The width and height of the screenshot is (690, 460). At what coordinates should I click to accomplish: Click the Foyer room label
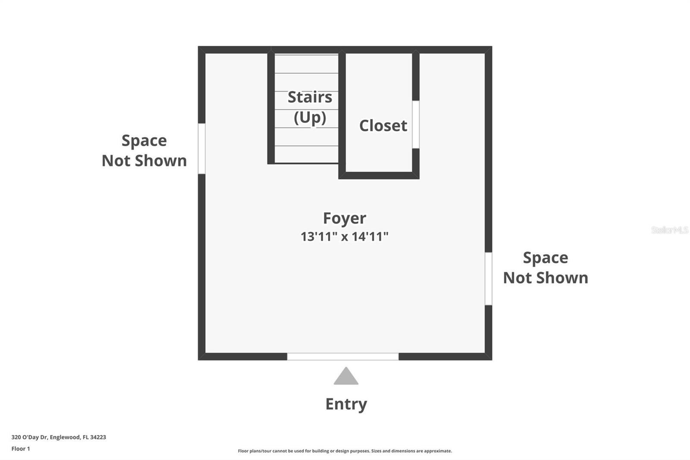coord(345,218)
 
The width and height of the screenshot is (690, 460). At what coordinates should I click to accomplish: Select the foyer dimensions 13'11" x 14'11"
coord(345,236)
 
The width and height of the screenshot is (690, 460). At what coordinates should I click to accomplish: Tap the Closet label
coord(383,126)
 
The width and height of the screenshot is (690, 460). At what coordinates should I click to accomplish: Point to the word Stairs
coord(310,97)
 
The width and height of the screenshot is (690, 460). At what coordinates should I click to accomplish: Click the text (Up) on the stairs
coord(310,117)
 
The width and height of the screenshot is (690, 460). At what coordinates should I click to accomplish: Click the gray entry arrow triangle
coord(346,376)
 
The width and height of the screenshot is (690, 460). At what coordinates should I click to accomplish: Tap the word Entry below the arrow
coord(346,404)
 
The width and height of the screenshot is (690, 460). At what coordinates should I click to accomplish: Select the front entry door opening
coord(343,356)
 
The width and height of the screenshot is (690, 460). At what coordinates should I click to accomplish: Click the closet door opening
coord(416,125)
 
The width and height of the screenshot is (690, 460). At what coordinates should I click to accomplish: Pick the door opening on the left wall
coord(201,148)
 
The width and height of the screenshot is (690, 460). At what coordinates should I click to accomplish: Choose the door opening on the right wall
coord(488,279)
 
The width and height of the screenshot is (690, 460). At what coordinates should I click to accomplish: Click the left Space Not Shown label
coord(144,151)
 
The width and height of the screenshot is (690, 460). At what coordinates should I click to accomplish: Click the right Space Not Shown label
coord(546,268)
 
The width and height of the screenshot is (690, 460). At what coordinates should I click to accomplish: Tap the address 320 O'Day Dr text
coord(30,437)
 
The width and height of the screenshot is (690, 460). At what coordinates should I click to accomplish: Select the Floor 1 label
coord(21,449)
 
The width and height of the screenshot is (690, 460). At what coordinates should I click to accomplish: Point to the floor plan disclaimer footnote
coord(345,451)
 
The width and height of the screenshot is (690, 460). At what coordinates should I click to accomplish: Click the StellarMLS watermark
coord(670,230)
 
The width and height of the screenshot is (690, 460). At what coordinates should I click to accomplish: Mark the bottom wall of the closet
coord(379,176)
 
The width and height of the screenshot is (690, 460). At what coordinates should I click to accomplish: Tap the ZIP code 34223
coord(98,437)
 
